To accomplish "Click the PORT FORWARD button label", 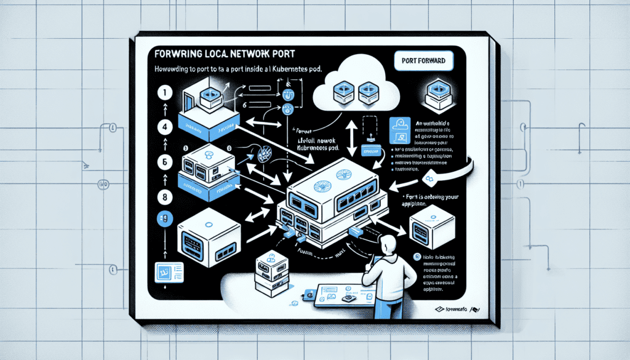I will point(422,61).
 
